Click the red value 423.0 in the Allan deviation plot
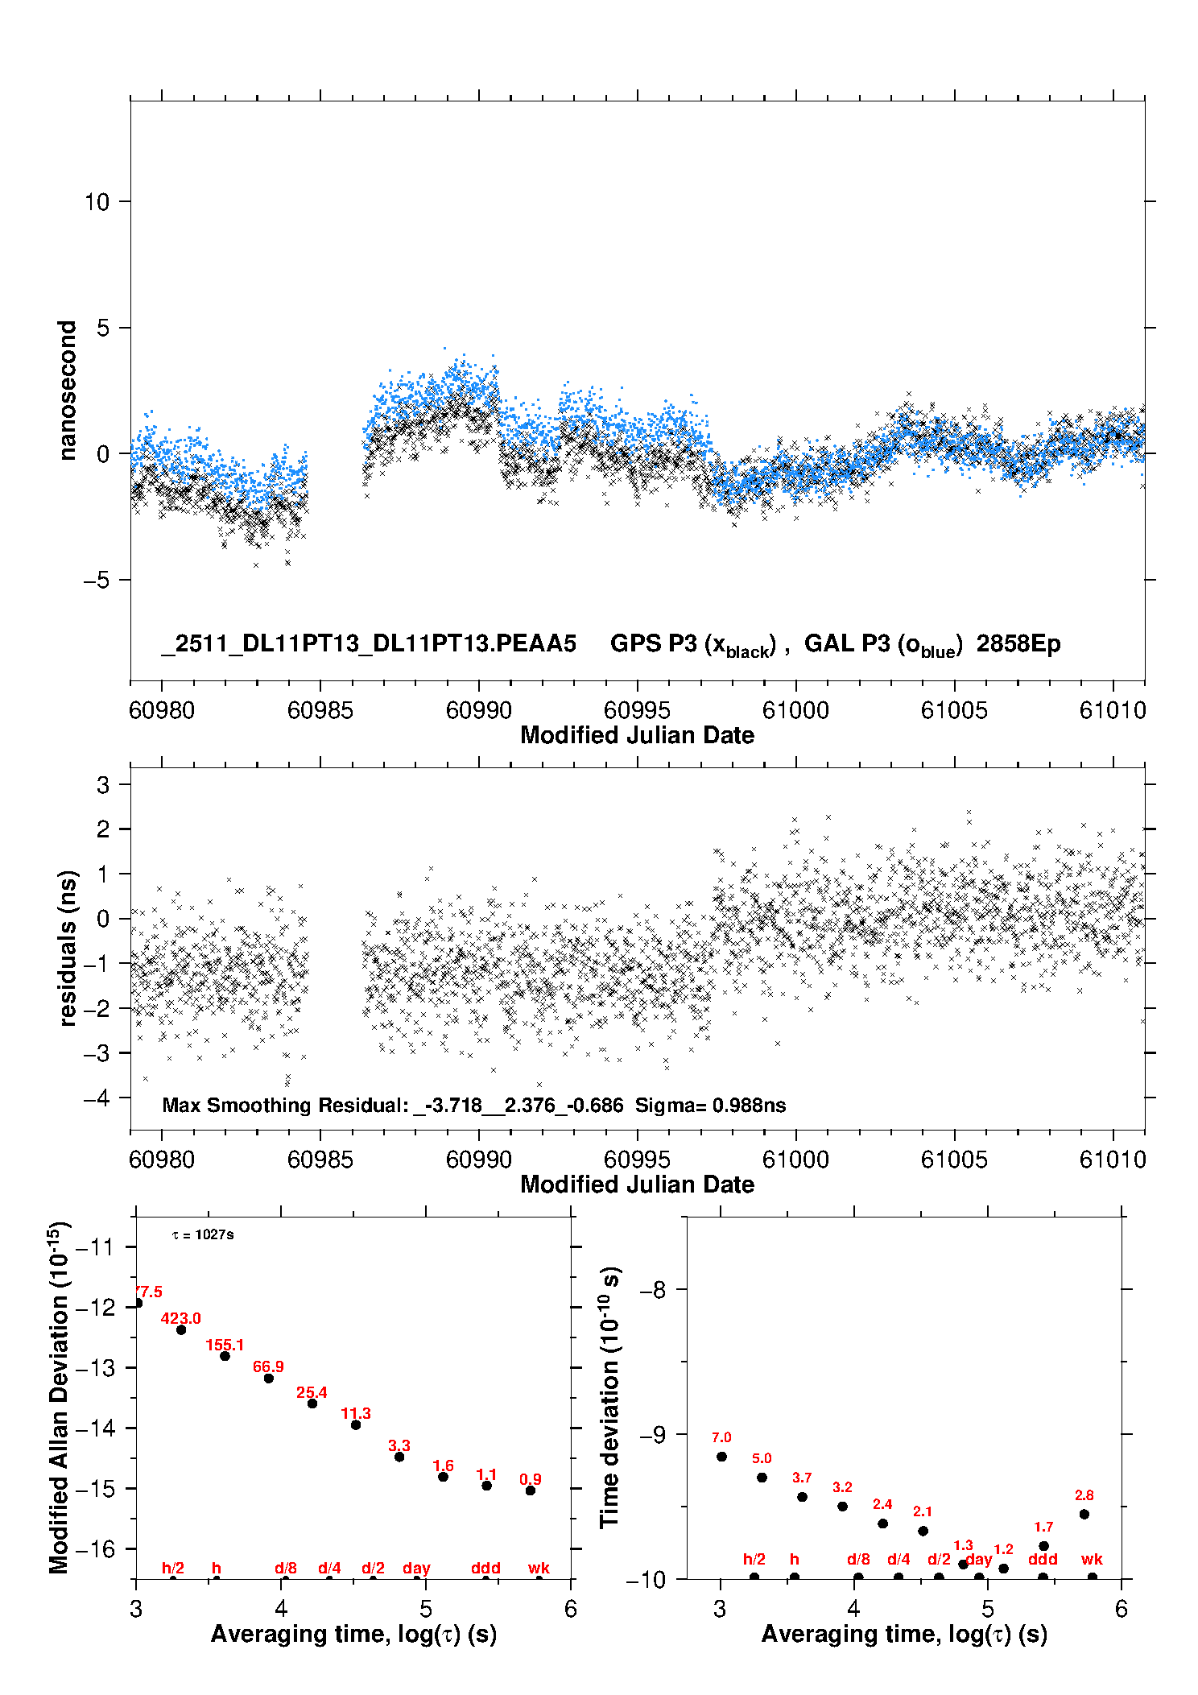[180, 1318]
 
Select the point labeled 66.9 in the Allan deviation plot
[269, 1378]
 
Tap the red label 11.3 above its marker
[356, 1413]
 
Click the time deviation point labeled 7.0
[721, 1457]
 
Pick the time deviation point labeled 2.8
[1084, 1514]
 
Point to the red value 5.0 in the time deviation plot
[762, 1458]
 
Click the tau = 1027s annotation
[203, 1234]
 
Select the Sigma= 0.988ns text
[710, 1105]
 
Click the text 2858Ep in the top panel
[1018, 643]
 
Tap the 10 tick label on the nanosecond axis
[97, 201]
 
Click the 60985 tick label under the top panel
[320, 710]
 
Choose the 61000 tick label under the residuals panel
[795, 1160]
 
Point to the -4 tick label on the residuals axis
[97, 1098]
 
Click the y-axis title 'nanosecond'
[67, 391]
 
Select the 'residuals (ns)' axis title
[68, 948]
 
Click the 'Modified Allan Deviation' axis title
[59, 1398]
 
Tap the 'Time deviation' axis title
[610, 1398]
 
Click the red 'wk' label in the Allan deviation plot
[539, 1568]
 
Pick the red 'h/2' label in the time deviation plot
[754, 1559]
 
